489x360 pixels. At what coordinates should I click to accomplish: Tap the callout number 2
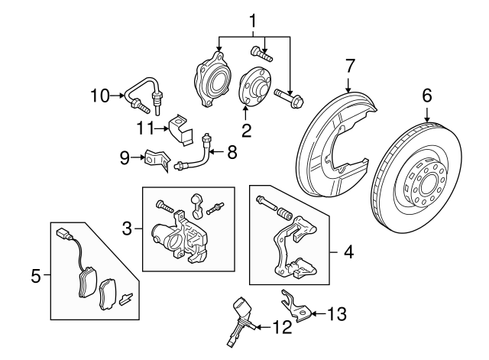point(246,129)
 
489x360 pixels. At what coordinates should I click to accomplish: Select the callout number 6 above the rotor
point(426,96)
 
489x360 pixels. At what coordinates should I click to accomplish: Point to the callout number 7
point(349,66)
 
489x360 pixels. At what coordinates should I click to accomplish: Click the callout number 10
point(100,96)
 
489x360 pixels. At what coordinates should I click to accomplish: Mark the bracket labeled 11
point(180,128)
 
